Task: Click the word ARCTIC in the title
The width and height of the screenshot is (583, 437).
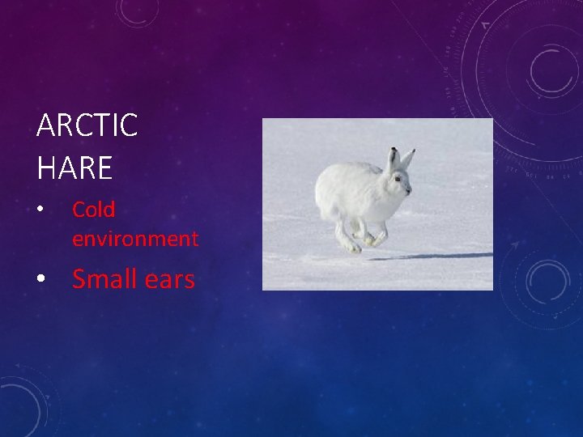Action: point(87,126)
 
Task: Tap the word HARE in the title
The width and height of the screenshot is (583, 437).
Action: point(74,168)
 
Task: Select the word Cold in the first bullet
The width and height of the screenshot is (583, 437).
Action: point(94,210)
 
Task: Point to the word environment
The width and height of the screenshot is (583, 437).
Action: point(135,239)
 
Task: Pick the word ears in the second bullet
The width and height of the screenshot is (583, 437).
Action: point(168,280)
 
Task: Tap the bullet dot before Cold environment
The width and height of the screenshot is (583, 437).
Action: point(40,210)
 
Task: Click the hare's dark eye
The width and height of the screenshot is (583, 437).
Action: point(398,179)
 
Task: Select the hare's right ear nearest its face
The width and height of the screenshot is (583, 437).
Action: point(407,159)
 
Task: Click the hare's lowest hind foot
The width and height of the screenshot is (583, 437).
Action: point(353,248)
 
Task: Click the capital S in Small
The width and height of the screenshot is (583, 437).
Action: point(80,279)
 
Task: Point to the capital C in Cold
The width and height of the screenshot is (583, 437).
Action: point(79,210)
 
